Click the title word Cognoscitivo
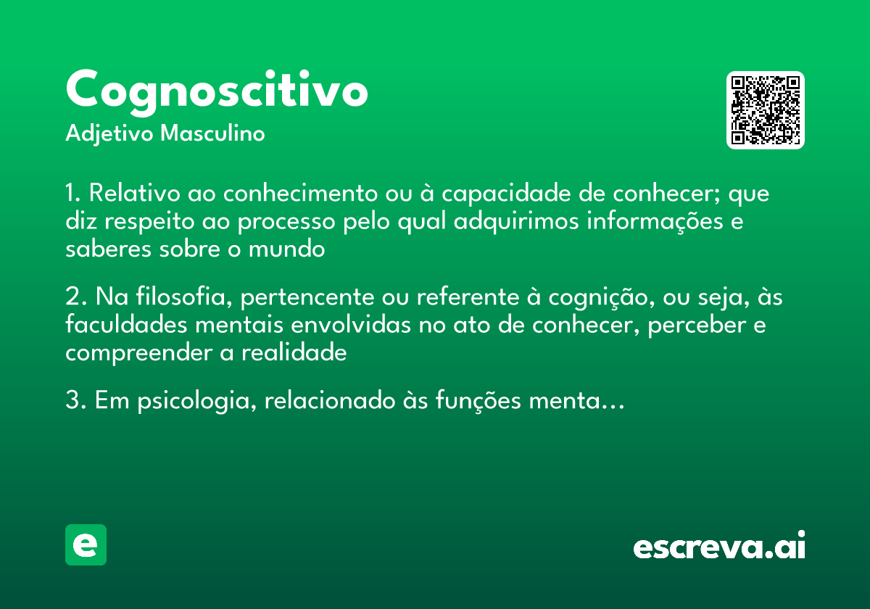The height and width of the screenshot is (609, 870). click(x=217, y=90)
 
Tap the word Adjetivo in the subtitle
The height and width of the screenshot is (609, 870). click(x=109, y=134)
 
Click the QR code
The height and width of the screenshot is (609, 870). click(x=766, y=110)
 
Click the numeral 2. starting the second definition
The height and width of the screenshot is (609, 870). click(x=75, y=298)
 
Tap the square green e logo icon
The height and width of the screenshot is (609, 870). click(x=86, y=544)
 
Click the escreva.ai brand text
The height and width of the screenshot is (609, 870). click(x=719, y=546)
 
